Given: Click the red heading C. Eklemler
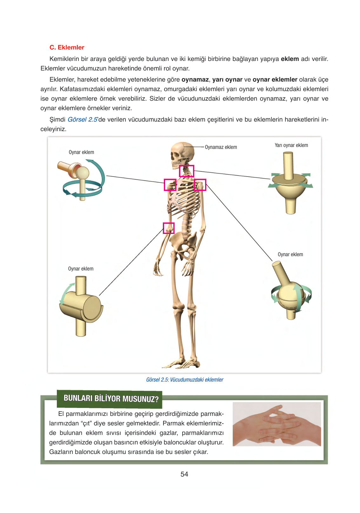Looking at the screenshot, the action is (x=67, y=47).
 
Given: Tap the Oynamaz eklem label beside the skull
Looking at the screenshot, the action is (x=221, y=147).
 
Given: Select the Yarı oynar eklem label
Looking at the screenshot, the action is (x=291, y=145).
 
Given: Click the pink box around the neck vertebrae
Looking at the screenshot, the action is (x=186, y=171).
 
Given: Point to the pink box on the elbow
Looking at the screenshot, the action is (x=169, y=228).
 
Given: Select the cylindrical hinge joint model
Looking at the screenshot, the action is (x=81, y=306).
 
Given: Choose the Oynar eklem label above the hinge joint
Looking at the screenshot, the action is (x=81, y=269).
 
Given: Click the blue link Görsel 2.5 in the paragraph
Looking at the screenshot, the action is (x=83, y=120).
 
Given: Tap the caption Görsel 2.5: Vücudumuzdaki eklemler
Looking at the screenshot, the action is (x=184, y=379).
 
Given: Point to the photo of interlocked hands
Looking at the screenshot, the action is (x=277, y=424).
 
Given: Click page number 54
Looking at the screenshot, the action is (x=184, y=474).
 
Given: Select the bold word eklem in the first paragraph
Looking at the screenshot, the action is (x=290, y=59).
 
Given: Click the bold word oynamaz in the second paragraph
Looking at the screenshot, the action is (x=195, y=79).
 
